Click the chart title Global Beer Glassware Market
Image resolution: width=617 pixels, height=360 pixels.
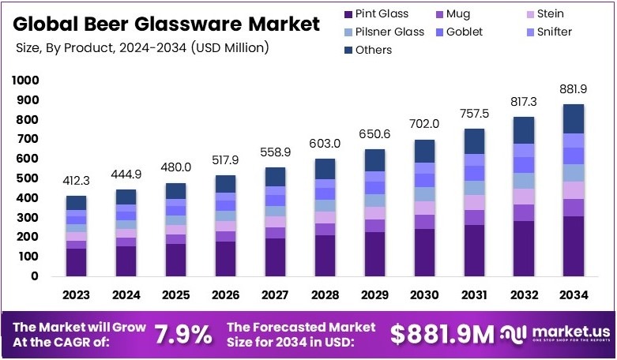168,23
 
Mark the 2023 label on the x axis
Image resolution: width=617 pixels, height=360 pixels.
77,295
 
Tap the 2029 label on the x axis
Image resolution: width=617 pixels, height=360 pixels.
374,295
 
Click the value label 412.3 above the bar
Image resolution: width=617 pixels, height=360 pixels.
77,181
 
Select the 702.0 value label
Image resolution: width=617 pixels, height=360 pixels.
424,124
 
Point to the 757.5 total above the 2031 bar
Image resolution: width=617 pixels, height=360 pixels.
474,114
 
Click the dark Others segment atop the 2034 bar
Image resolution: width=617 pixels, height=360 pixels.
574,118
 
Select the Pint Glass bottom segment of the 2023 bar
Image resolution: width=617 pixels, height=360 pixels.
77,262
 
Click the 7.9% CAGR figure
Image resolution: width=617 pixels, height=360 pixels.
182,335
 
